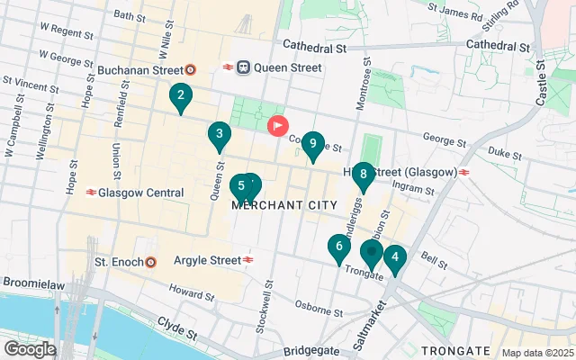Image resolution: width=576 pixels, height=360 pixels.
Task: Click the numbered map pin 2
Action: (x=181, y=96)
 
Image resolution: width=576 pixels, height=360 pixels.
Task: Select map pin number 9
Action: (x=312, y=144)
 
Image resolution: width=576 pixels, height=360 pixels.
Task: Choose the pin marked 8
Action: (x=363, y=175)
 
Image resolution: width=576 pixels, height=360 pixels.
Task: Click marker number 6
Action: (x=338, y=247)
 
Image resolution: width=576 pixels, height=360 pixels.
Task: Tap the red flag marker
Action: (x=278, y=126)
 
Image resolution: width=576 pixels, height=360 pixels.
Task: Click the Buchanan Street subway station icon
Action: (x=190, y=69)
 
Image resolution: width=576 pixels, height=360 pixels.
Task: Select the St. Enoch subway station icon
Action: (x=150, y=262)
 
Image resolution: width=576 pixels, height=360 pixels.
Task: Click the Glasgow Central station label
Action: (x=140, y=193)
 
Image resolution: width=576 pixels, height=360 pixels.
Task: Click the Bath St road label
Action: (x=130, y=16)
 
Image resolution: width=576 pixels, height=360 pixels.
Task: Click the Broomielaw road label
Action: (x=31, y=282)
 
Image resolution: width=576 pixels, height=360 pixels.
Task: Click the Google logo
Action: (x=30, y=349)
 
